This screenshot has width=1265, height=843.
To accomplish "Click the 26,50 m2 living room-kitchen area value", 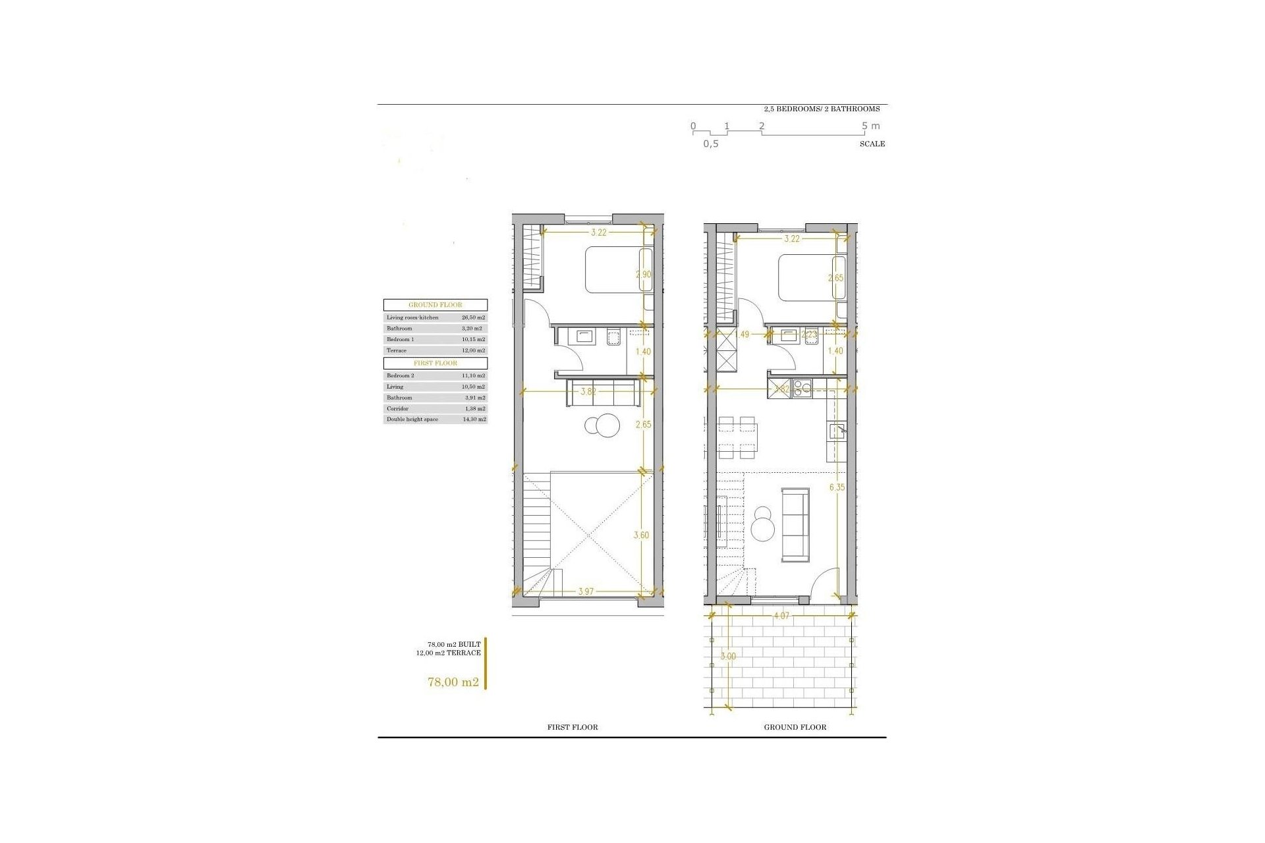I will pyautogui.click(x=473, y=317).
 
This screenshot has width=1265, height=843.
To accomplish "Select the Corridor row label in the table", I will pyautogui.click(x=397, y=408).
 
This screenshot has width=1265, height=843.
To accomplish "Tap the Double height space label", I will pyautogui.click(x=412, y=420).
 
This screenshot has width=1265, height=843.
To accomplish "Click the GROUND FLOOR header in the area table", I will pyautogui.click(x=436, y=305).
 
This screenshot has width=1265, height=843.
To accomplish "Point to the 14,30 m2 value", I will pyautogui.click(x=473, y=420).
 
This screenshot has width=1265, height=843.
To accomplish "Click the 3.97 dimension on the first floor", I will pyautogui.click(x=586, y=591).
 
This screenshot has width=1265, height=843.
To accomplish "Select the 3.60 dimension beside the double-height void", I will pyautogui.click(x=641, y=535).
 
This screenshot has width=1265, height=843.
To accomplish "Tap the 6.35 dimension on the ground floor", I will pyautogui.click(x=837, y=487).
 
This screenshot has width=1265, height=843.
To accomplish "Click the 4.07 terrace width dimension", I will pyautogui.click(x=781, y=616).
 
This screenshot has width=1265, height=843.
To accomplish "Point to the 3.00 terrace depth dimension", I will pyautogui.click(x=728, y=657).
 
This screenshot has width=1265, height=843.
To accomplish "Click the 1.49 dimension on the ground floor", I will pyautogui.click(x=742, y=335).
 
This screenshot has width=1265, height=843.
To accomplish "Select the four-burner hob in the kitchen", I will pyautogui.click(x=804, y=389).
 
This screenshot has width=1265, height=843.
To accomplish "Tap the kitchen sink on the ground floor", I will pyautogui.click(x=837, y=431).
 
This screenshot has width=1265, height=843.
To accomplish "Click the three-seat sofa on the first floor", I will pyautogui.click(x=602, y=393).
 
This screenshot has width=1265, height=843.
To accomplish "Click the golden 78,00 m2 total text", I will pyautogui.click(x=453, y=682).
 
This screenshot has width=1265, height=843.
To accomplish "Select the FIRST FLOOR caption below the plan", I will pyautogui.click(x=573, y=727).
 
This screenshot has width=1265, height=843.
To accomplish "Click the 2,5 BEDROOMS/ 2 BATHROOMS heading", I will pyautogui.click(x=822, y=109).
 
